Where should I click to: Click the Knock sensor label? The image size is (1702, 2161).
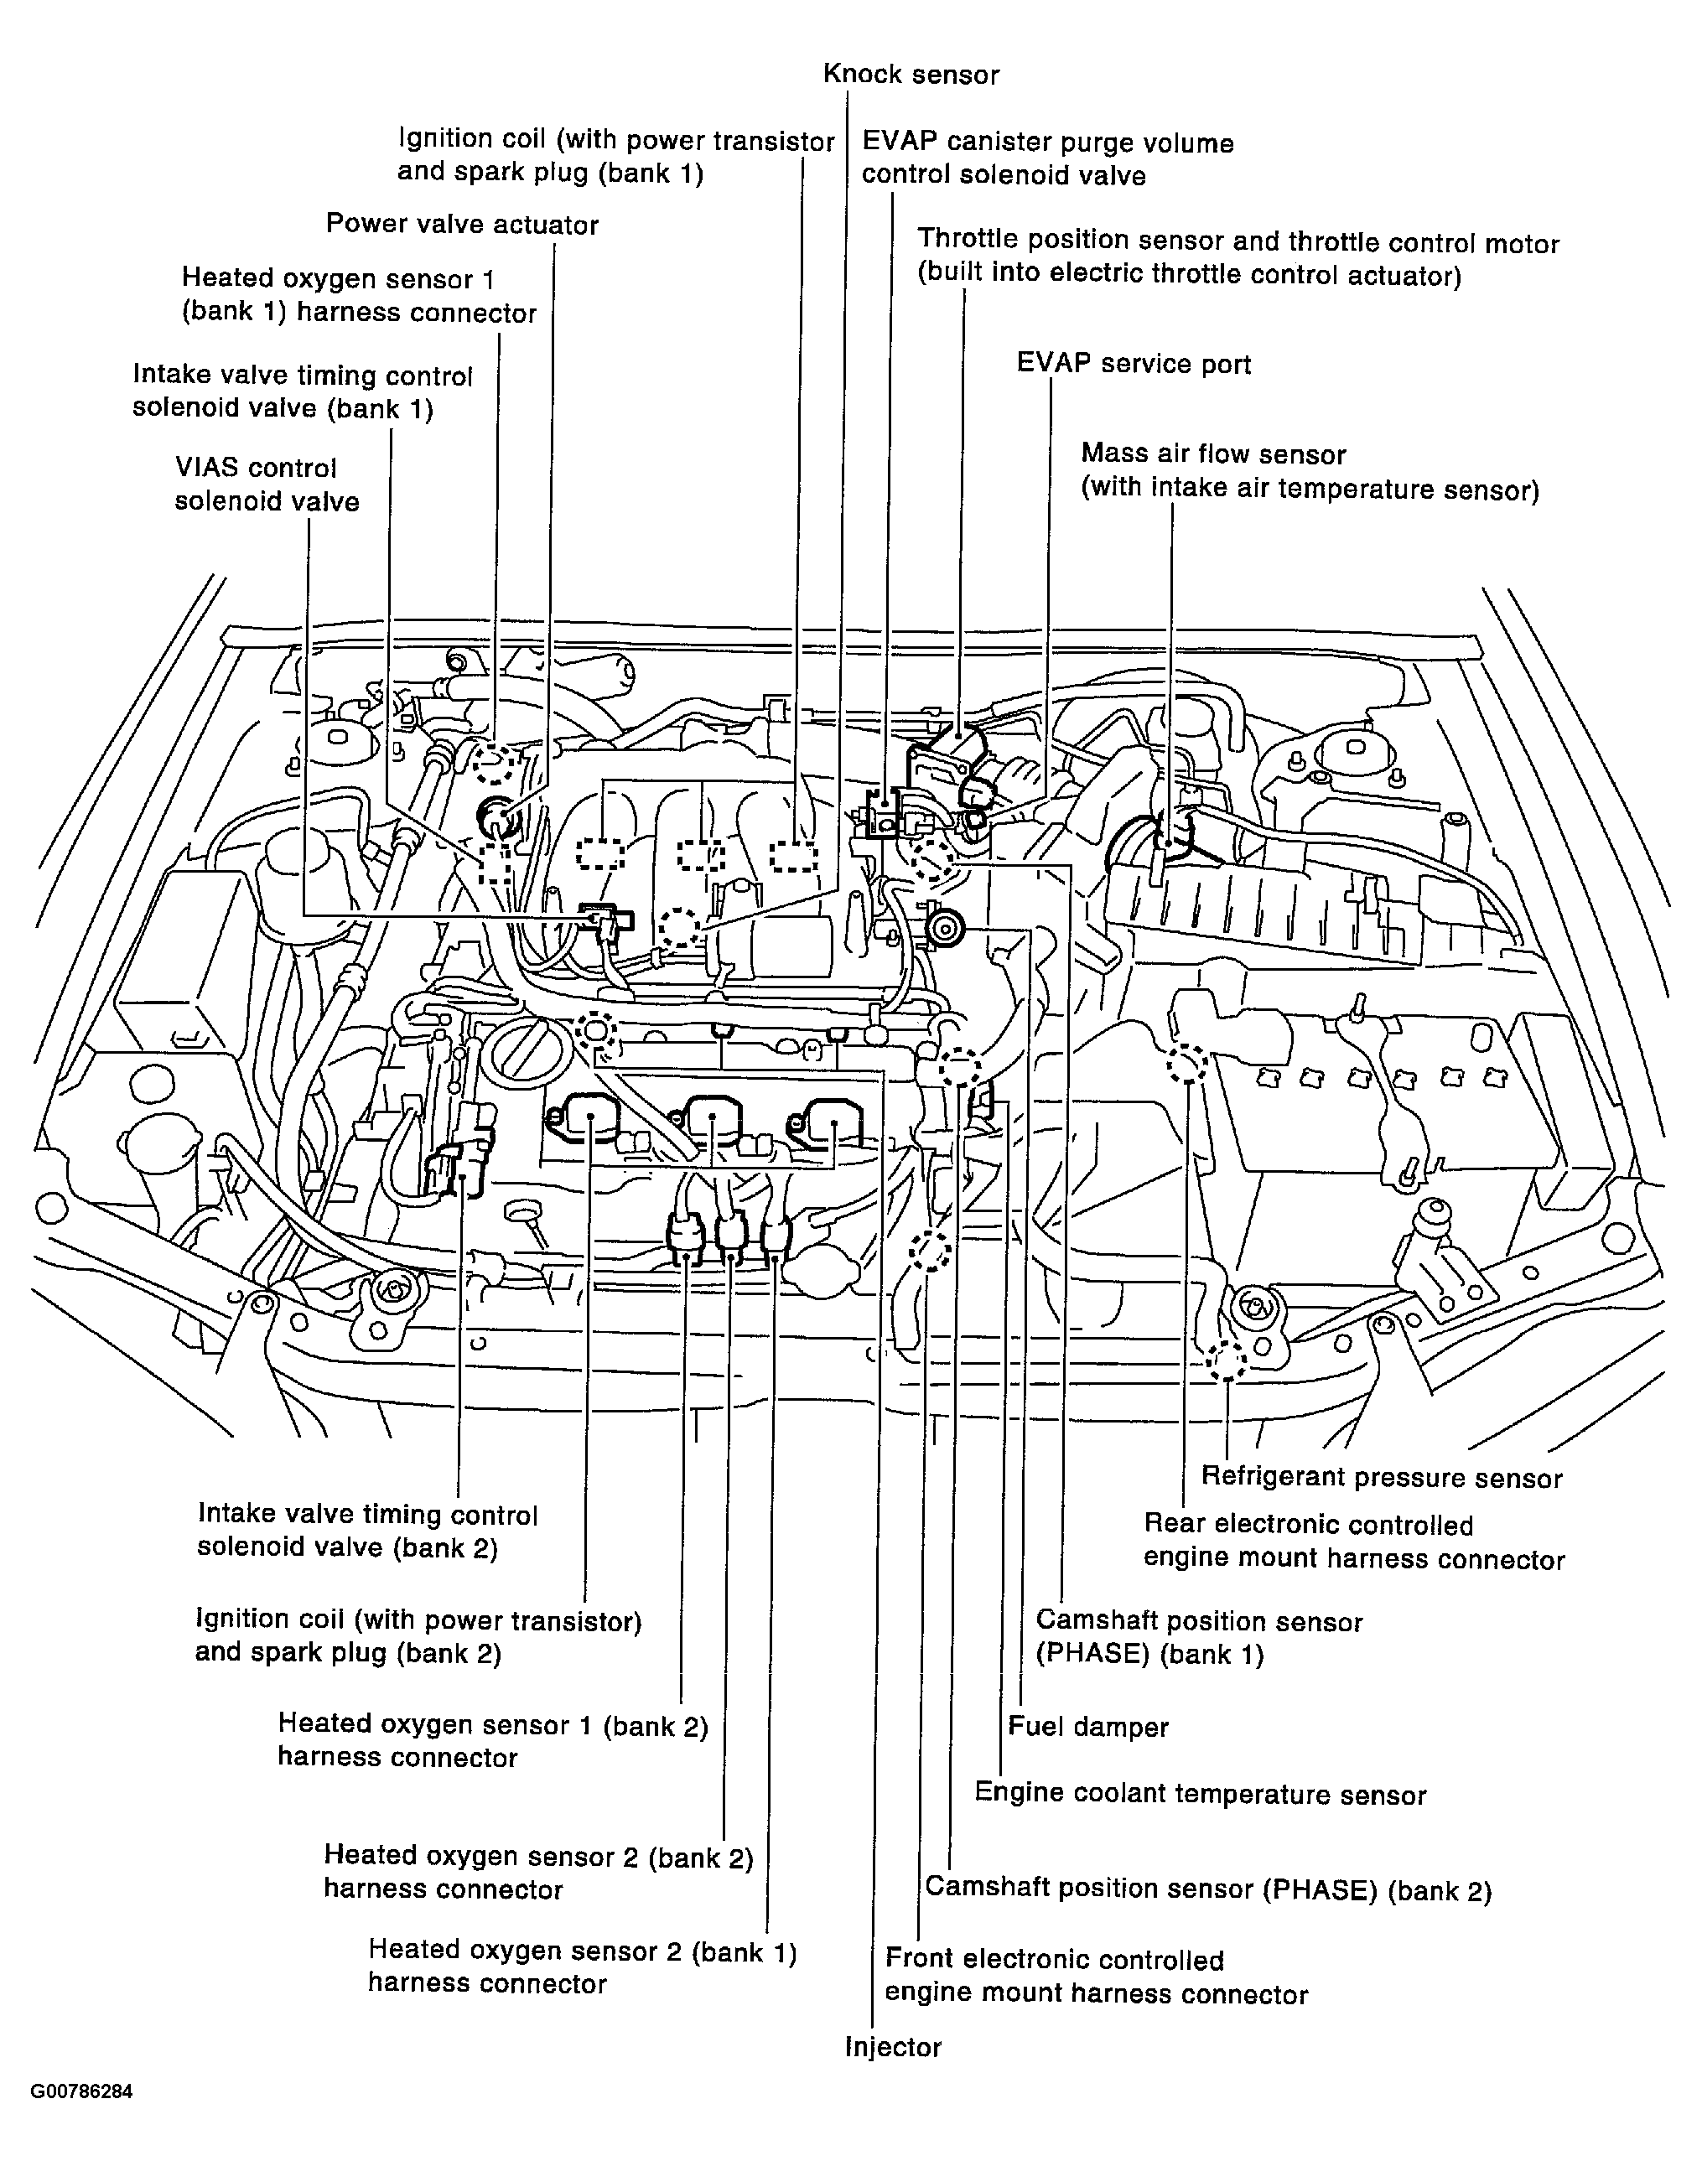point(911,75)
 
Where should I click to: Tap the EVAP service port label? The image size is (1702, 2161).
point(1133,364)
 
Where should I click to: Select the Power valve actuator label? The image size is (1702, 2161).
point(461,224)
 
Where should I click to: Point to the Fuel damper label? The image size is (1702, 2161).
point(1088,1727)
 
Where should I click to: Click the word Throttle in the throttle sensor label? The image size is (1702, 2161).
point(967,240)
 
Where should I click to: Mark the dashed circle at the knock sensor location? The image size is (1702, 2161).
point(680,926)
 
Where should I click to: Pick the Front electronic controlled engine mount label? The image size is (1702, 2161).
point(1095,1976)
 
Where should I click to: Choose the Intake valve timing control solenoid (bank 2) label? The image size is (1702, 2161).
point(366,1531)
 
